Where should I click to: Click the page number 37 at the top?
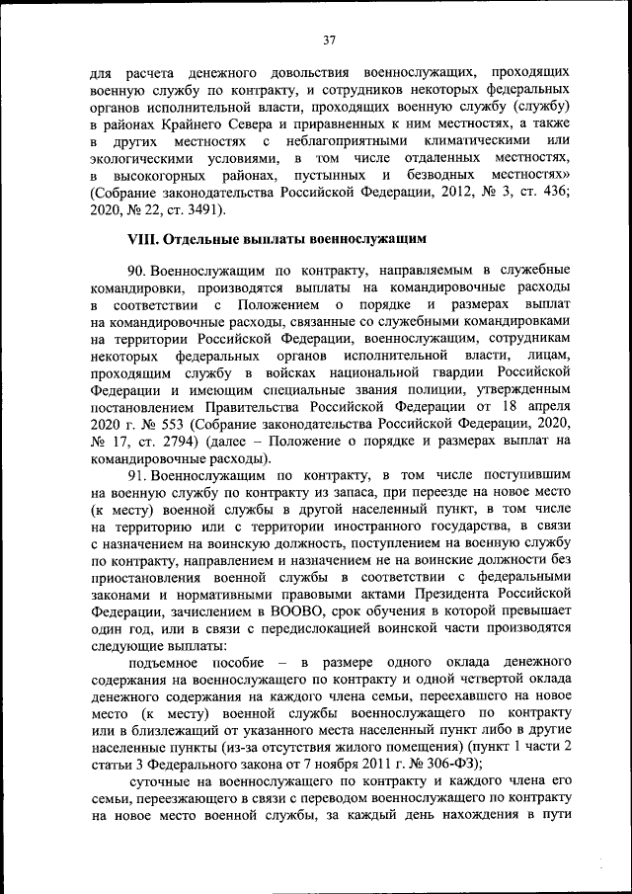pos(330,40)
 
